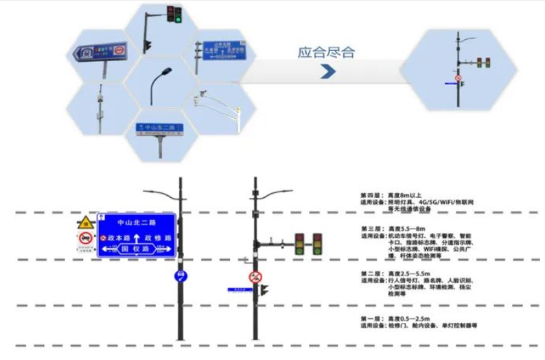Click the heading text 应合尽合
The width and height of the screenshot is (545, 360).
click(326, 52)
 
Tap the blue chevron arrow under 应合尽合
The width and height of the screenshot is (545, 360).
click(327, 71)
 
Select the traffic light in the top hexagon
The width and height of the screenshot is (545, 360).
click(175, 14)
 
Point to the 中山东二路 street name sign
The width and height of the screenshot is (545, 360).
click(159, 128)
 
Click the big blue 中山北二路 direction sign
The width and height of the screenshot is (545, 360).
click(138, 234)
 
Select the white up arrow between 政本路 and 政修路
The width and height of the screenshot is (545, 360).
click(137, 237)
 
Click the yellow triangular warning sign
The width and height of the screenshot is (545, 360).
click(85, 223)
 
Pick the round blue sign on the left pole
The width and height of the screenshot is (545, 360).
click(181, 276)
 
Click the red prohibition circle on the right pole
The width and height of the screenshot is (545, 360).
click(255, 278)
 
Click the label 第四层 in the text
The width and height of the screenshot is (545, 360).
click(371, 195)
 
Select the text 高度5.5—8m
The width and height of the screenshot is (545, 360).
click(408, 228)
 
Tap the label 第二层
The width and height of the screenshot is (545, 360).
click(371, 273)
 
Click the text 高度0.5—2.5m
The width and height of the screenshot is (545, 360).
click(409, 319)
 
